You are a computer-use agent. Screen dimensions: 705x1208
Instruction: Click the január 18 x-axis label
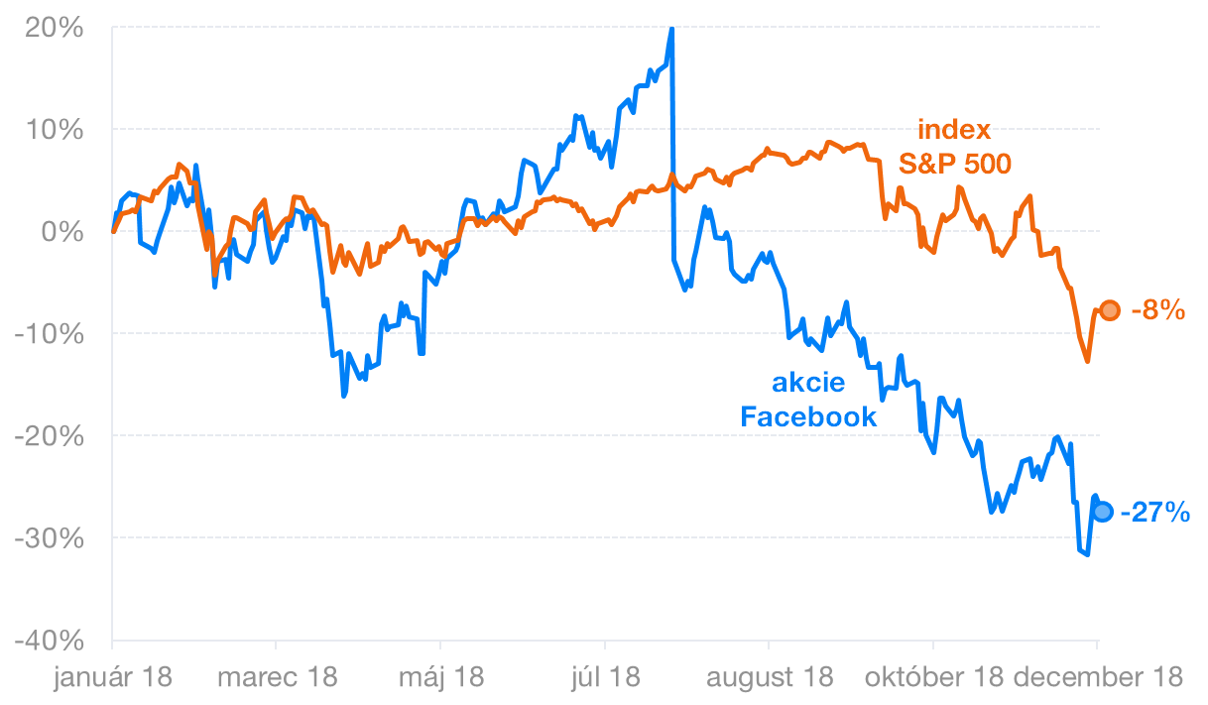112,678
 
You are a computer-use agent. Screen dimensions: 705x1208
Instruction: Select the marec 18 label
277,678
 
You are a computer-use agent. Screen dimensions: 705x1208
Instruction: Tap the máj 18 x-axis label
441,678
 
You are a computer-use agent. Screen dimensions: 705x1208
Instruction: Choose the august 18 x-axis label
770,678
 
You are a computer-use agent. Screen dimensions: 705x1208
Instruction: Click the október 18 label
933,678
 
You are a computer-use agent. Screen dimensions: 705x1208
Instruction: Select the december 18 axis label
1098,678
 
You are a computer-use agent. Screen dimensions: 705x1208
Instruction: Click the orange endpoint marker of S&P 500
1110,310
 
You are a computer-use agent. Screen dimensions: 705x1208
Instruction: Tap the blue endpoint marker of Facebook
1102,512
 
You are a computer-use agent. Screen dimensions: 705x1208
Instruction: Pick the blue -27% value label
1155,513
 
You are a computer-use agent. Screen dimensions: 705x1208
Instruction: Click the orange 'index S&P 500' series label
954,147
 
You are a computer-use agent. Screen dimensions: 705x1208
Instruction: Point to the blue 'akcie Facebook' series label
809,400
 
